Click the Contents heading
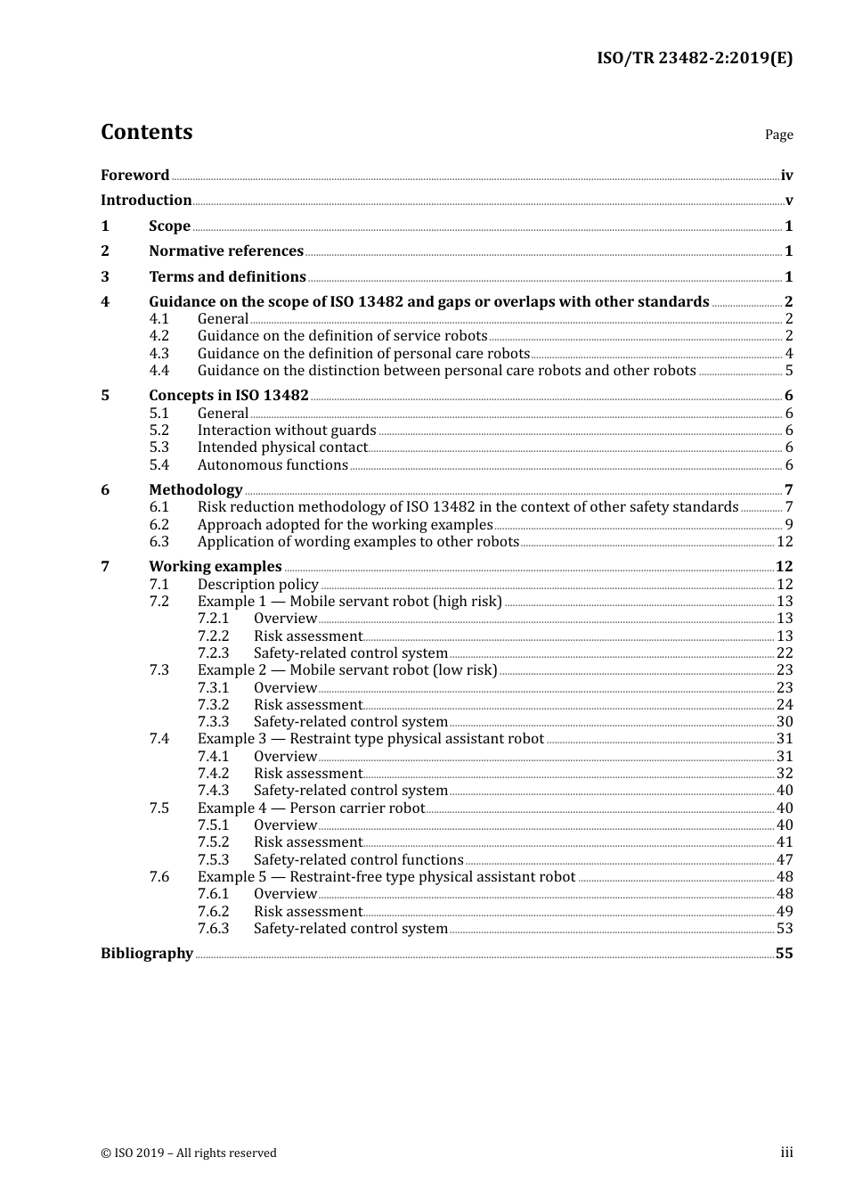point(146,132)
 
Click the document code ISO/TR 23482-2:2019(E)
point(694,59)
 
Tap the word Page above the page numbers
point(778,135)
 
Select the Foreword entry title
point(134,176)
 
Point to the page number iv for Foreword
point(786,176)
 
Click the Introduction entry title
point(146,201)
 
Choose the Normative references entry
point(226,251)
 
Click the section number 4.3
point(159,354)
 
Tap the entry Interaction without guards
point(287,431)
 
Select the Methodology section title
point(195,490)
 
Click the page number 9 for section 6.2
point(789,525)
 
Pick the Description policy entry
point(257,585)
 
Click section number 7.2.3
point(214,653)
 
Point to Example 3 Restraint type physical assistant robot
point(370,739)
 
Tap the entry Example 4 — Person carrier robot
point(311,808)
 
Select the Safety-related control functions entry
point(358,860)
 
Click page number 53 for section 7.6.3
point(785,929)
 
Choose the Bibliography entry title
point(147,954)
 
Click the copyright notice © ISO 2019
point(189,1153)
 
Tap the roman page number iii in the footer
point(786,1153)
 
